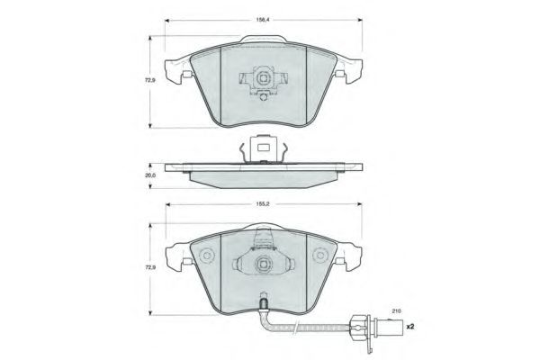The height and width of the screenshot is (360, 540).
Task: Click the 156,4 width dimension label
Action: pos(262,21)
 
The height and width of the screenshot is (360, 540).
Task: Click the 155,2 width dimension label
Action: pos(262,204)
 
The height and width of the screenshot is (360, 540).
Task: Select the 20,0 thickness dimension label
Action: pos(149,175)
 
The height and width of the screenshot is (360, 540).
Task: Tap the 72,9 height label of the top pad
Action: pos(149,80)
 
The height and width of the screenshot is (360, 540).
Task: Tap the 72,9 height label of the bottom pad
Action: pos(149,267)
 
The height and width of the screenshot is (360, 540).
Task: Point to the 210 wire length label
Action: pos(396,311)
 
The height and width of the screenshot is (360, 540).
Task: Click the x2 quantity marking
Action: pos(409,326)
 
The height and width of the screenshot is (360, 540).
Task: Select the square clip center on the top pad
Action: pos(263,79)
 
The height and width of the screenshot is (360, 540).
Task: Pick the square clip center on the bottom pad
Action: pos(263,265)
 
